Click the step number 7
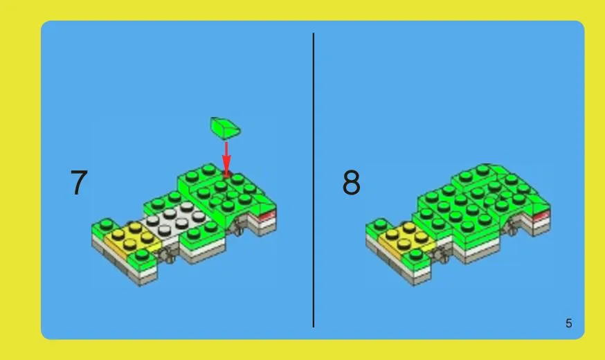79,183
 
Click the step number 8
351,182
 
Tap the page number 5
569,323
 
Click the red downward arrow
226,159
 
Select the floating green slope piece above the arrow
226,127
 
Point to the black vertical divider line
314,180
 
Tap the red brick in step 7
268,215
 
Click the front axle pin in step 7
169,255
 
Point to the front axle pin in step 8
442,256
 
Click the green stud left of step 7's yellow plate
105,224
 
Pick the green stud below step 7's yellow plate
142,255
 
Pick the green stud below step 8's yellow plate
415,255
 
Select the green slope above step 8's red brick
540,204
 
